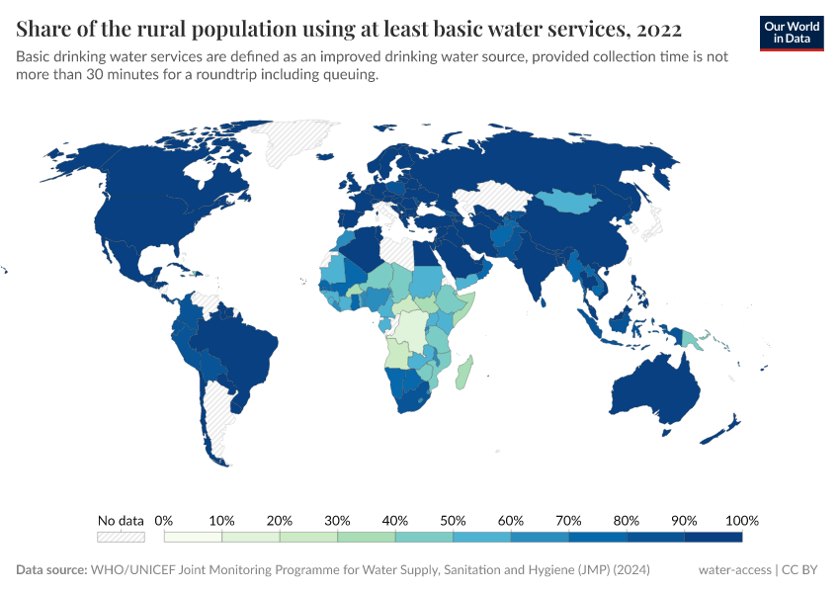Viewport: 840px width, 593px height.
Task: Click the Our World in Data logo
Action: click(792, 33)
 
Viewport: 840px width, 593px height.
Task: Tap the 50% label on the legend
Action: click(453, 520)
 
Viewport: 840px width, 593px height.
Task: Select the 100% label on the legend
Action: click(741, 520)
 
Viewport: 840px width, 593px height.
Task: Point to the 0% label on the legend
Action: click(165, 520)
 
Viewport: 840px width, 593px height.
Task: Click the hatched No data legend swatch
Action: click(121, 537)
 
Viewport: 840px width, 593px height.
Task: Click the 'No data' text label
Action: click(121, 520)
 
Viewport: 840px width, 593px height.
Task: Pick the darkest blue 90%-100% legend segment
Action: click(713, 537)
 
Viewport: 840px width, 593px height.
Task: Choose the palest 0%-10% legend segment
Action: click(193, 537)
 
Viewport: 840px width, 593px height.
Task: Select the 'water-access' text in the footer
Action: click(734, 570)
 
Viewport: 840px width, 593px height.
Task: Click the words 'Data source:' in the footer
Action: click(51, 570)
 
